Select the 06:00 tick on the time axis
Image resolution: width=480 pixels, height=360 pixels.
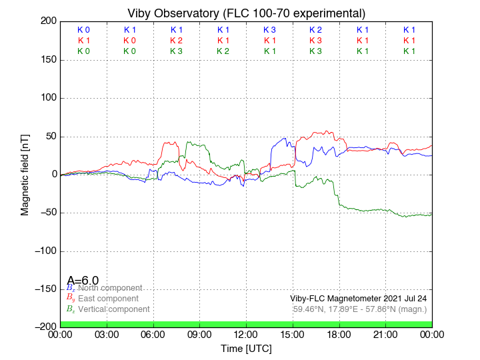click(x=153, y=334)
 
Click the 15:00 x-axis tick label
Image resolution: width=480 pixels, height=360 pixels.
click(x=293, y=334)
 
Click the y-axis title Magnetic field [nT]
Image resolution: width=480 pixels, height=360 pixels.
click(x=25, y=173)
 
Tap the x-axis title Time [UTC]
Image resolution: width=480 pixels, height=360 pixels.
click(x=246, y=348)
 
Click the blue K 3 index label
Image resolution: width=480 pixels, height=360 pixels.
click(x=269, y=30)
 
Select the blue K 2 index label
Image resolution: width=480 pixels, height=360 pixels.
click(x=315, y=30)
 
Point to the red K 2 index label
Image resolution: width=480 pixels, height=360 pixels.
click(x=176, y=41)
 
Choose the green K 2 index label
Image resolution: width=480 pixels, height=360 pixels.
click(x=223, y=51)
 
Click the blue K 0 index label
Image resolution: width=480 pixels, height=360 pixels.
click(x=83, y=30)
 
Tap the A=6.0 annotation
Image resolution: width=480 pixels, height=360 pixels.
click(x=83, y=280)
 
